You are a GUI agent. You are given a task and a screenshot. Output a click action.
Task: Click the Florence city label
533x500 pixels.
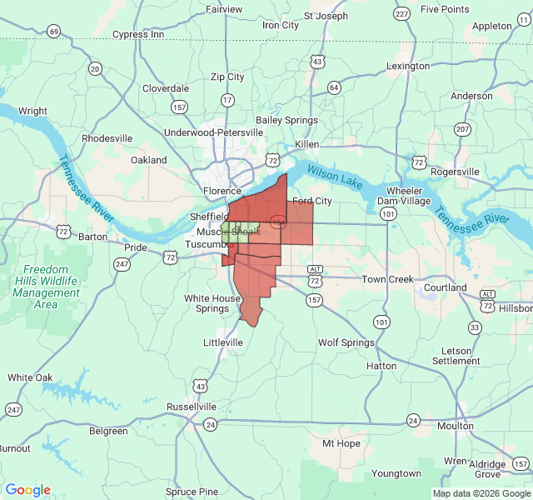pyautogui.click(x=222, y=191)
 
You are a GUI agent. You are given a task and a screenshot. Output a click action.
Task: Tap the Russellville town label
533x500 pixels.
pyautogui.click(x=192, y=406)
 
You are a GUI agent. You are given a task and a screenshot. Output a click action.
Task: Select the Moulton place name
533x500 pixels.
pyautogui.click(x=455, y=426)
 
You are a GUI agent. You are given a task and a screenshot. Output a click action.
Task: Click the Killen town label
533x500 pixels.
pyautogui.click(x=307, y=144)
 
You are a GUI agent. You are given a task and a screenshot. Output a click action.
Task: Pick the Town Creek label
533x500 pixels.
pyautogui.click(x=387, y=279)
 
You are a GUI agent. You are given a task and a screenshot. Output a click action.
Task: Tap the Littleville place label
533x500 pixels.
pyautogui.click(x=223, y=342)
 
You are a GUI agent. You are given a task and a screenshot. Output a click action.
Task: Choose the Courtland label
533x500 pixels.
pyautogui.click(x=445, y=287)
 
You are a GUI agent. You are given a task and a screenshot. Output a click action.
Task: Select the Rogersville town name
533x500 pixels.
pyautogui.click(x=450, y=172)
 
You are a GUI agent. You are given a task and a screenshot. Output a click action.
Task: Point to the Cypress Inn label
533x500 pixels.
pyautogui.click(x=137, y=34)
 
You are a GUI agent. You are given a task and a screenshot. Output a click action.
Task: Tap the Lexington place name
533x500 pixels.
pyautogui.click(x=407, y=66)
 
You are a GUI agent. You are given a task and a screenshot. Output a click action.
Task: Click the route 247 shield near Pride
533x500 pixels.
pyautogui.click(x=122, y=264)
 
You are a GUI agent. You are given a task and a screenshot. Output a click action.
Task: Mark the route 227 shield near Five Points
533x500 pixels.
pyautogui.click(x=401, y=14)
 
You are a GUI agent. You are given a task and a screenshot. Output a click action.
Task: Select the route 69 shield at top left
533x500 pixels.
pyautogui.click(x=54, y=32)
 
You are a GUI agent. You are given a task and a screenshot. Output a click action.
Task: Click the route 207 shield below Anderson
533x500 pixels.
pyautogui.click(x=462, y=128)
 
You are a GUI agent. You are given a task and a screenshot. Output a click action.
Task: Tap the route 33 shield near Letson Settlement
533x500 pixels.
pyautogui.click(x=474, y=327)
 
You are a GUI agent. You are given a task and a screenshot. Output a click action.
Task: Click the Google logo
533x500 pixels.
pyautogui.click(x=27, y=490)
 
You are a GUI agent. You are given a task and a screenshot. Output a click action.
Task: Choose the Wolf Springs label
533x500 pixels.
pyautogui.click(x=346, y=342)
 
